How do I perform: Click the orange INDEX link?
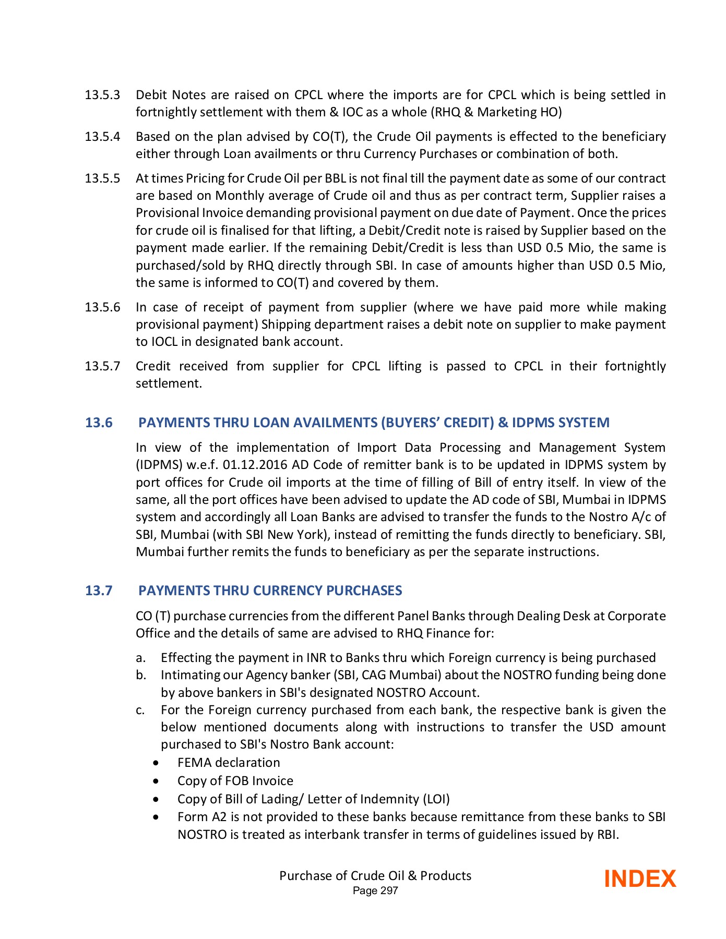click(639, 879)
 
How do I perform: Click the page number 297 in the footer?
click(389, 891)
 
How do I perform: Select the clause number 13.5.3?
click(102, 95)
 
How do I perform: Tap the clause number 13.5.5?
click(102, 178)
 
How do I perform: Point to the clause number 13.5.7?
click(102, 366)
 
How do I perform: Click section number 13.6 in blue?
click(99, 423)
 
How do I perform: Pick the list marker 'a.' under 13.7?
click(140, 658)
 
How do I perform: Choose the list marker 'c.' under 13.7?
click(140, 710)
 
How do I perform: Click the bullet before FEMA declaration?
click(157, 763)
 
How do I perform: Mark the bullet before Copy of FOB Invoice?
click(157, 781)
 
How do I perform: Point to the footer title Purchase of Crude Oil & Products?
click(375, 876)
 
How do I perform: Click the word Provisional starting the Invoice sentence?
click(167, 213)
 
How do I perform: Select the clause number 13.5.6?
click(102, 307)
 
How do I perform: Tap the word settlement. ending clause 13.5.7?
click(169, 383)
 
